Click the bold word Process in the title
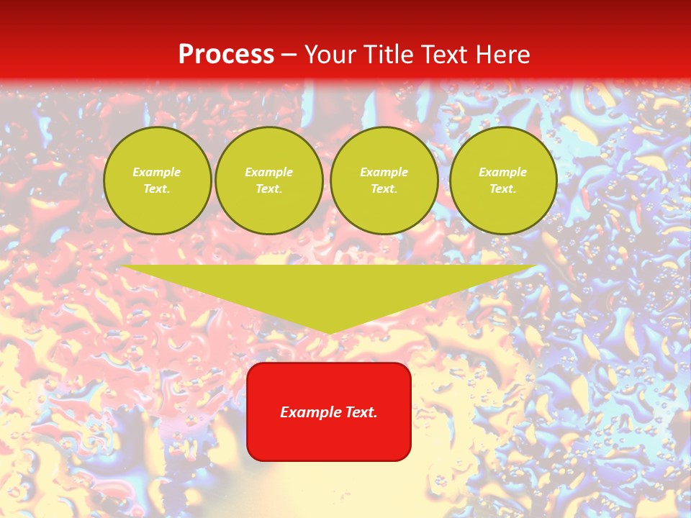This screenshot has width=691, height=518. pos(226,55)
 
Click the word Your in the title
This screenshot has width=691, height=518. pos(330,55)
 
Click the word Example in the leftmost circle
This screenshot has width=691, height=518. pos(157,172)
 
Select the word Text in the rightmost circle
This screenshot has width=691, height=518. pos(503,188)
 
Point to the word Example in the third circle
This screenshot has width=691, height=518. pos(384,172)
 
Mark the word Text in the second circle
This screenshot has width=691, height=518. pos(268,188)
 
